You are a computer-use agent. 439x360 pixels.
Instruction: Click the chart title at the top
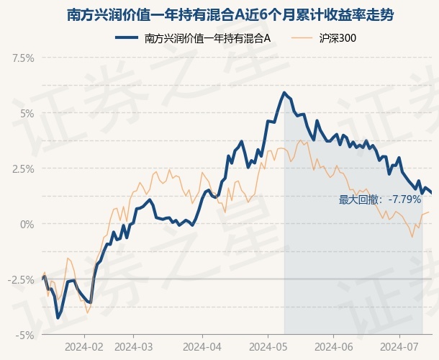(x=219, y=14)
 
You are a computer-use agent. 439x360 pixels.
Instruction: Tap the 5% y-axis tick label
(x=27, y=113)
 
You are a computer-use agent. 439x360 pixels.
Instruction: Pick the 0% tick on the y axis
(x=27, y=224)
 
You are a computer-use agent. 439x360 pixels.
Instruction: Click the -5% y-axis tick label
(x=25, y=335)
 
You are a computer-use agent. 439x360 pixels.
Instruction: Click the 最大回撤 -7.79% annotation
(x=380, y=199)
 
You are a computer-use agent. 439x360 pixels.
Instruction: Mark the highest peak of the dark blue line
(x=284, y=92)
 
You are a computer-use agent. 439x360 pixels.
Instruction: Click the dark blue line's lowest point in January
(x=58, y=318)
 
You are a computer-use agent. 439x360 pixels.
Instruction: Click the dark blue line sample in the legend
(x=127, y=38)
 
